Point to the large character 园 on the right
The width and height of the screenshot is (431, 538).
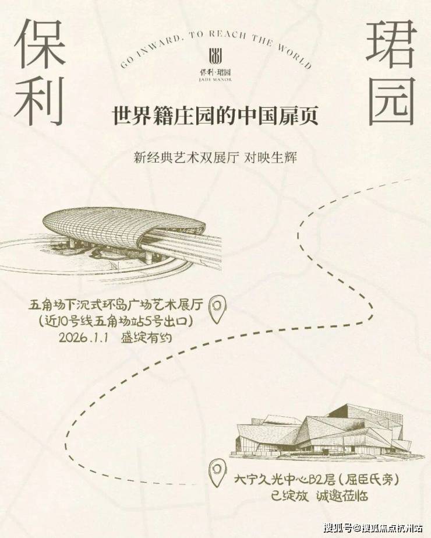tap(391, 101)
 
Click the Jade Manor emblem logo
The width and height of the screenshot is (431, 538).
tap(216, 56)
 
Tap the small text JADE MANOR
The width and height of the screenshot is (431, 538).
tap(216, 80)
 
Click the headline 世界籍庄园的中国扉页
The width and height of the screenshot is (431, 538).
tap(216, 115)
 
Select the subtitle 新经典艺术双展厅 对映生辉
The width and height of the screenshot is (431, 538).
tap(216, 158)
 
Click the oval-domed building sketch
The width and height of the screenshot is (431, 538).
tap(111, 240)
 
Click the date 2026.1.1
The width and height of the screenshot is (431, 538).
tap(83, 337)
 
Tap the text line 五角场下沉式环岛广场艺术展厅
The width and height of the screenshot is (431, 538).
tap(116, 305)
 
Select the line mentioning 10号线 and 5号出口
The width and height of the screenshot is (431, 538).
tap(116, 322)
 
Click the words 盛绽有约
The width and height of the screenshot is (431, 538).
tap(146, 338)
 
